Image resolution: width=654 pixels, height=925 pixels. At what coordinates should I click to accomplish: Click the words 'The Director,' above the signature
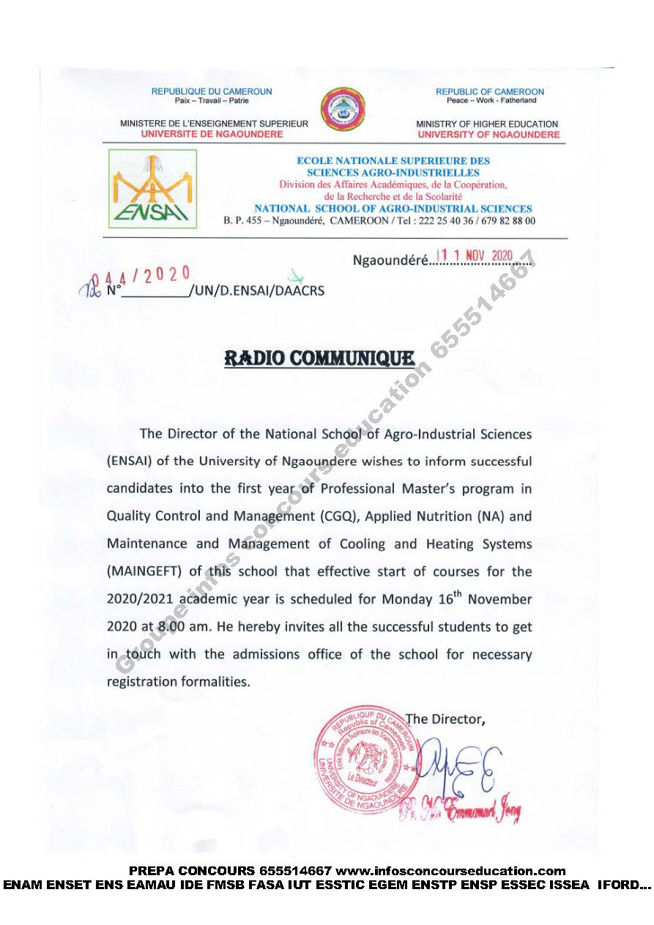pyautogui.click(x=445, y=718)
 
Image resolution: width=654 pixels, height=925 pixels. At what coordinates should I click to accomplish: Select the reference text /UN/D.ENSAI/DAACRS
pyautogui.click(x=256, y=291)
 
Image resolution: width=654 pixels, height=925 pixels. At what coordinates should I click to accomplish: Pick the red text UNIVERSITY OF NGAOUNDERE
pyautogui.click(x=488, y=134)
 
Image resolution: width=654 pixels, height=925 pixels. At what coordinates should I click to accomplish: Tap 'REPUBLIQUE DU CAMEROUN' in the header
pyautogui.click(x=212, y=92)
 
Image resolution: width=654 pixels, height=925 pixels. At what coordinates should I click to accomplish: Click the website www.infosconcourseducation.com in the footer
pyautogui.click(x=450, y=871)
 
